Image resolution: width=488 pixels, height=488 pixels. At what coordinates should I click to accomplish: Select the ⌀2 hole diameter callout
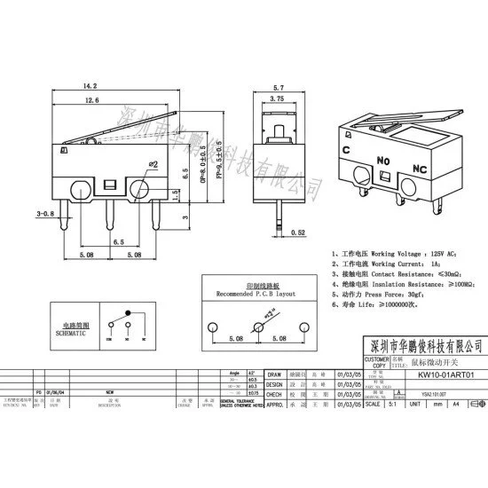click(152, 165)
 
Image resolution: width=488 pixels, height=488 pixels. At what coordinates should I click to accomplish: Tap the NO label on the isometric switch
click(383, 161)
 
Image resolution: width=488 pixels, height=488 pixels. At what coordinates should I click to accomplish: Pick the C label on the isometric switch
click(344, 150)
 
